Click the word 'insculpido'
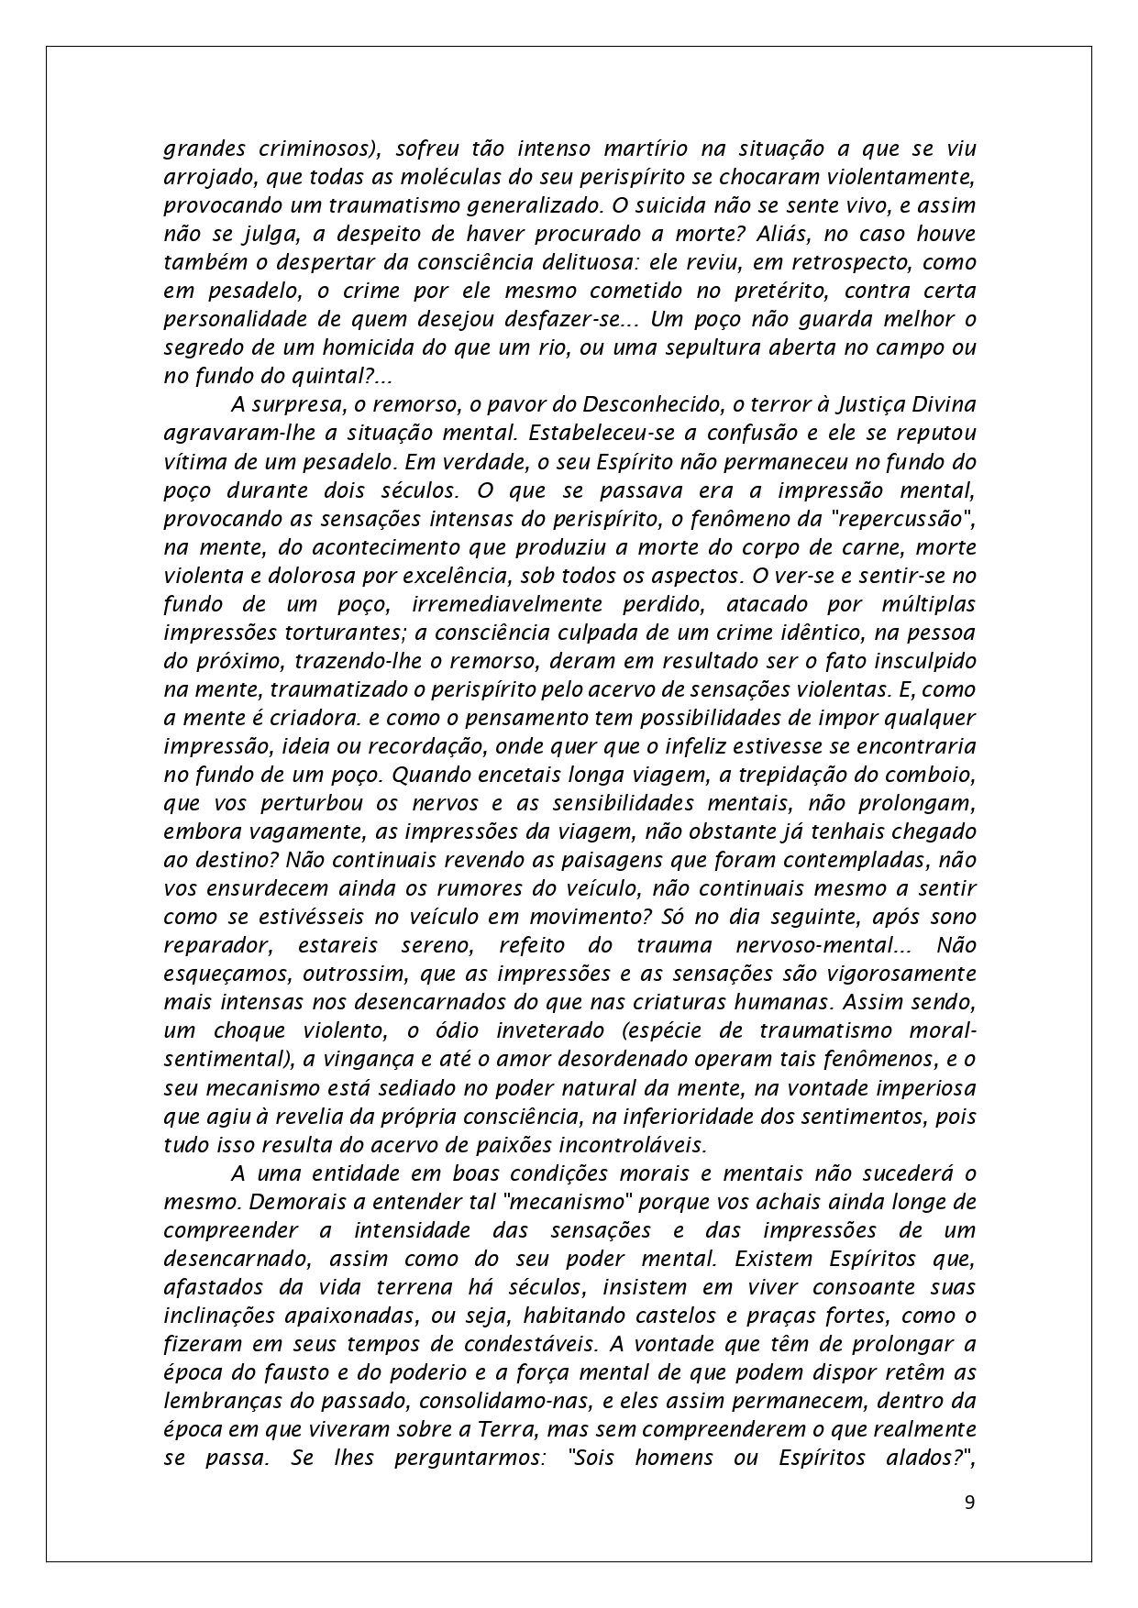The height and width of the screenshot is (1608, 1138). [x=916, y=661]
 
